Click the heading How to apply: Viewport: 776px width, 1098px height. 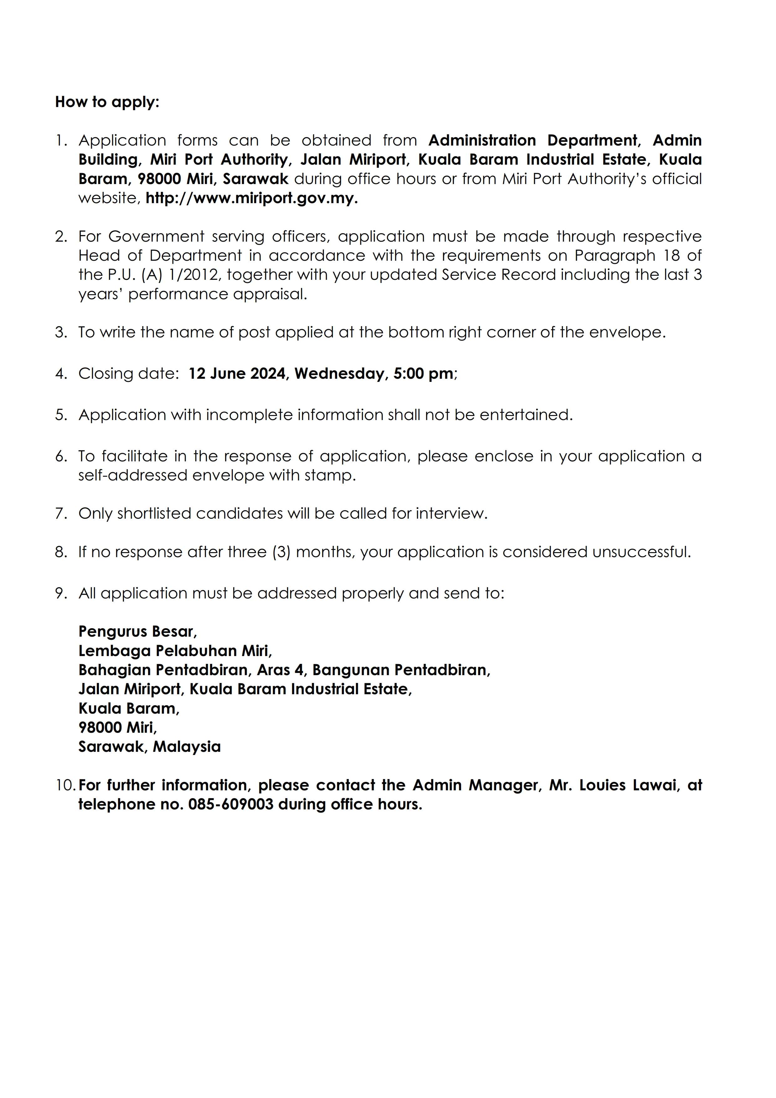(107, 102)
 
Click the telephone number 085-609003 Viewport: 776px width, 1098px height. (231, 804)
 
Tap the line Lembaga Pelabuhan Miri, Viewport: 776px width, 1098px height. (175, 651)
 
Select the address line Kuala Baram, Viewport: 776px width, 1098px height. (129, 709)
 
